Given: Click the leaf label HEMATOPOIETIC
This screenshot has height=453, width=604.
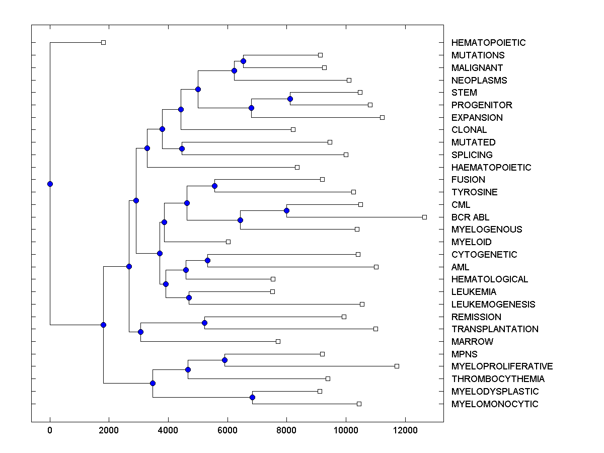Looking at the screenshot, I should pyautogui.click(x=488, y=43).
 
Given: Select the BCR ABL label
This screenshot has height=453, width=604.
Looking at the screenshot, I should pyautogui.click(x=470, y=217).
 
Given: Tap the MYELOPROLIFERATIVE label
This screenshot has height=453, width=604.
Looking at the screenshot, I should pyautogui.click(x=502, y=366).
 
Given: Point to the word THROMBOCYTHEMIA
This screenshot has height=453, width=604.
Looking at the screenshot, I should pyautogui.click(x=498, y=379).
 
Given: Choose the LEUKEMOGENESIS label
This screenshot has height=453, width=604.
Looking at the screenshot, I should pyautogui.click(x=493, y=305).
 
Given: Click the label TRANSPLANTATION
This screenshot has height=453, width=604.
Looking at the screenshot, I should pyautogui.click(x=495, y=329).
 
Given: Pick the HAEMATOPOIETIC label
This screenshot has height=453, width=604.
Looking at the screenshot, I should pyautogui.click(x=491, y=168).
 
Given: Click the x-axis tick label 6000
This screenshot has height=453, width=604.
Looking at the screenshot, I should pyautogui.click(x=228, y=430).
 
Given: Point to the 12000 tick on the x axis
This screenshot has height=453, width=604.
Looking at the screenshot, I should pyautogui.click(x=405, y=430).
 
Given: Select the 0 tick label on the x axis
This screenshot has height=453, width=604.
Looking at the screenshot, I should pyautogui.click(x=50, y=430).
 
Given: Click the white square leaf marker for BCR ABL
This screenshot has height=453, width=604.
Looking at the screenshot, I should pyautogui.click(x=424, y=217).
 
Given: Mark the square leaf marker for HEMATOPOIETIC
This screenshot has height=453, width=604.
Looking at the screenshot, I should pyautogui.click(x=103, y=43).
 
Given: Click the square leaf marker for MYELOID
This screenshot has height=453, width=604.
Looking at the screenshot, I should pyautogui.click(x=228, y=242).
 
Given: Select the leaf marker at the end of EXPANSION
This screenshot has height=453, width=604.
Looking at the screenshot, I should pyautogui.click(x=382, y=117).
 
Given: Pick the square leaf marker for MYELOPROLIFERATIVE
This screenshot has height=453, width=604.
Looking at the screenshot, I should pyautogui.click(x=397, y=366).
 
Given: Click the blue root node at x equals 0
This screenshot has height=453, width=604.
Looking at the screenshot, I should pyautogui.click(x=50, y=184).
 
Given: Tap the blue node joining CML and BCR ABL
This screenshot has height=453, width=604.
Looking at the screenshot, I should pyautogui.click(x=287, y=210).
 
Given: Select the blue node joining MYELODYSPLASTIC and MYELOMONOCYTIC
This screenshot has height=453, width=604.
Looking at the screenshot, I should pyautogui.click(x=253, y=398).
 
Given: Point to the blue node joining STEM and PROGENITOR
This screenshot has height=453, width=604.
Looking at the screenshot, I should pyautogui.click(x=290, y=99).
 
